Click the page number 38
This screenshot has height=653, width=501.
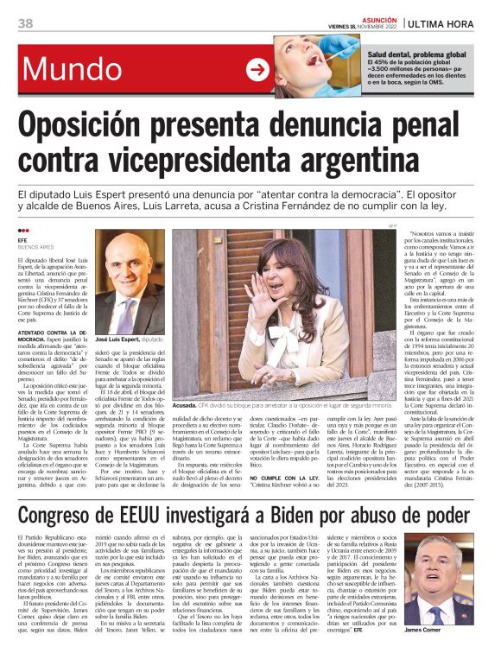25,22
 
